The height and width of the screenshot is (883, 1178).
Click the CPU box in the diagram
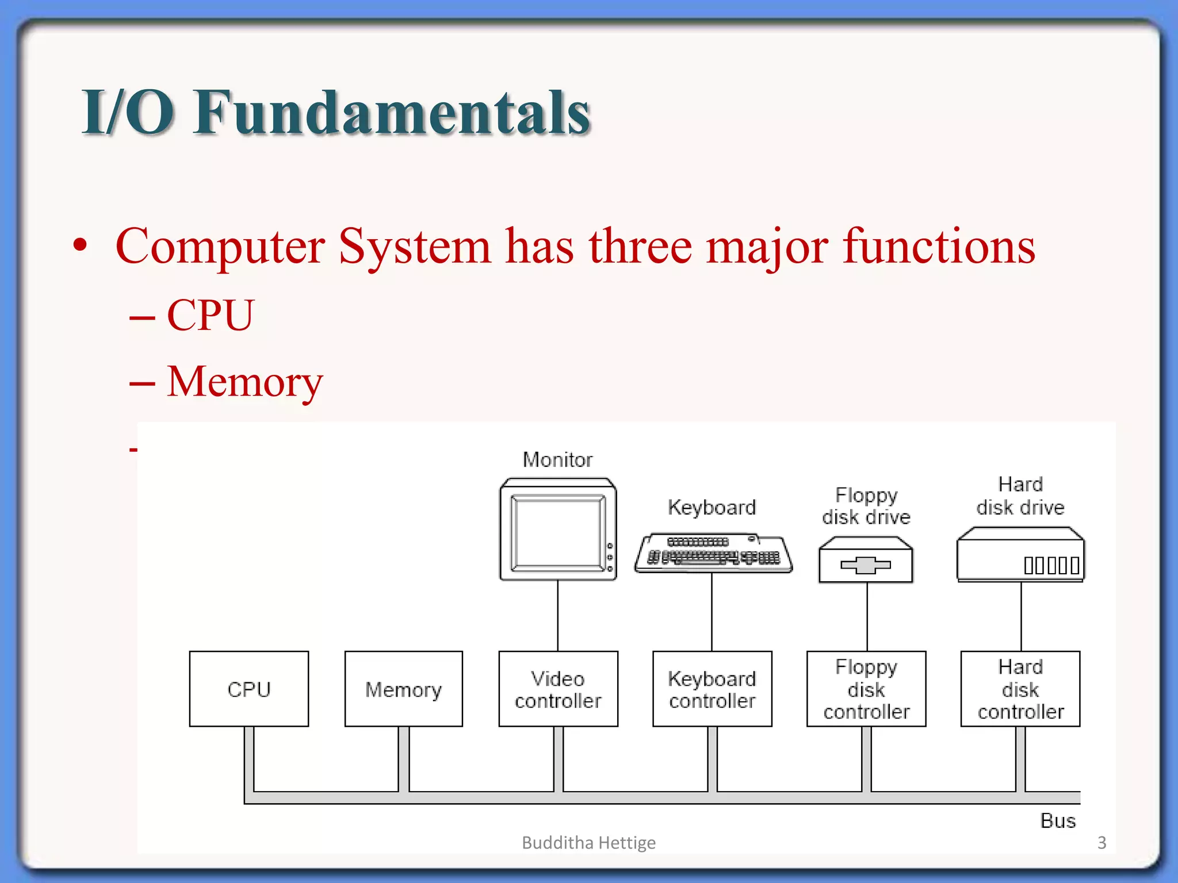coord(248,689)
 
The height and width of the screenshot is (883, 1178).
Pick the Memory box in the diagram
coord(403,689)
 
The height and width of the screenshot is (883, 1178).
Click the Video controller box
coord(558,689)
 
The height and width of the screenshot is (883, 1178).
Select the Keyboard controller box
coord(712,689)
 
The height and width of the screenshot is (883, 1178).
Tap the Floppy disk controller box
coord(866,689)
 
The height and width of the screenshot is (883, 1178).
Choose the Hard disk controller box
coord(1020,689)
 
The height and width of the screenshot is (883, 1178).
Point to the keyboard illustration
coord(713,554)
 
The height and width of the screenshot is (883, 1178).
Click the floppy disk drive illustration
coord(866,560)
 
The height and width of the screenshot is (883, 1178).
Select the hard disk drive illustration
coord(1020,555)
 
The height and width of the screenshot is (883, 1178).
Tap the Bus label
coord(1057,820)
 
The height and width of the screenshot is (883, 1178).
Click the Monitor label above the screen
coord(557,459)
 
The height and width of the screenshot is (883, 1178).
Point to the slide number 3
coord(1101,842)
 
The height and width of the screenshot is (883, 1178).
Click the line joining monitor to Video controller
coord(557,615)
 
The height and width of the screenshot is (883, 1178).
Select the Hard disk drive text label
coord(1020,496)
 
